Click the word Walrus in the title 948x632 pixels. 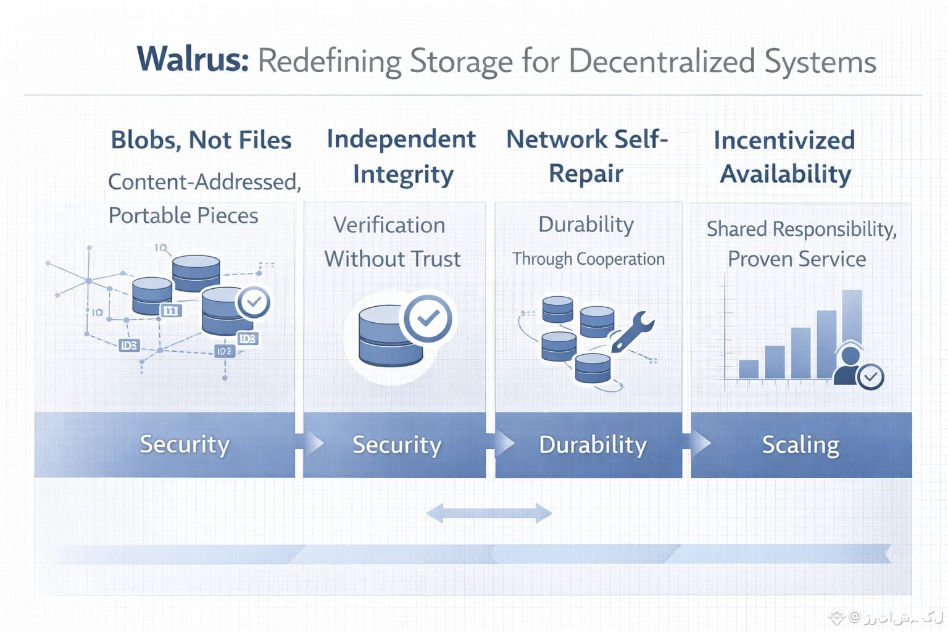(x=193, y=60)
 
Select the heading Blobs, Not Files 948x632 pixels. (x=201, y=140)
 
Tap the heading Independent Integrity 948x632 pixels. (x=401, y=156)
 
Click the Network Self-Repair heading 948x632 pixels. (x=586, y=156)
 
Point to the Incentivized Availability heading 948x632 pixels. (x=784, y=157)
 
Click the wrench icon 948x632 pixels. (x=632, y=331)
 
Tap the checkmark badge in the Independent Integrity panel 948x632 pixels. (x=428, y=318)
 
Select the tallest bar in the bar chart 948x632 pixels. (x=852, y=333)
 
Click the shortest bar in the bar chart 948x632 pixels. (x=749, y=368)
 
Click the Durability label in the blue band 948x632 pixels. (x=592, y=444)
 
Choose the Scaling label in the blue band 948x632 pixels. (x=800, y=444)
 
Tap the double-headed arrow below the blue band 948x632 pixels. (x=489, y=513)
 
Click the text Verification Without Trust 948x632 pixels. (x=392, y=241)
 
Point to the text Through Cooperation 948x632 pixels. (x=588, y=259)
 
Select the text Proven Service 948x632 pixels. (x=796, y=259)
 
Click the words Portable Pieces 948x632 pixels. (x=183, y=215)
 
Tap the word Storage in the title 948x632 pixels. (x=461, y=61)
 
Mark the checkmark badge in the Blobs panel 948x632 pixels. (x=254, y=302)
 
